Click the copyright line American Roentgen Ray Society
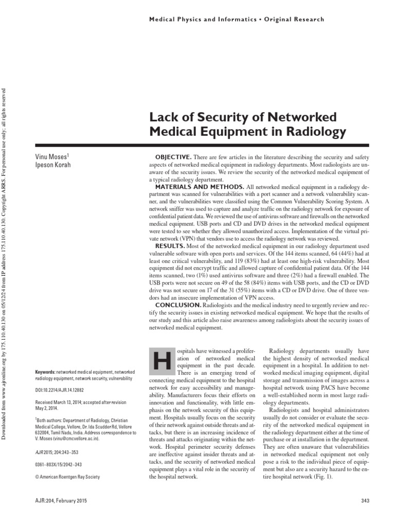click(x=67, y=477)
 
